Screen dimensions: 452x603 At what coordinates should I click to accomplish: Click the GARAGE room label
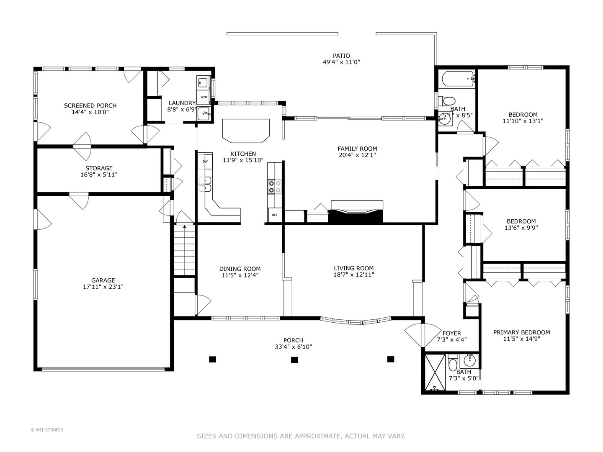point(103,280)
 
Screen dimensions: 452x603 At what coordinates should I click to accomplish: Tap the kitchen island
point(246,130)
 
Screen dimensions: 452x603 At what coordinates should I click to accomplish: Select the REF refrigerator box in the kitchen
point(275,215)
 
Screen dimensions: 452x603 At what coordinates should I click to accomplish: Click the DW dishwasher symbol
point(205,162)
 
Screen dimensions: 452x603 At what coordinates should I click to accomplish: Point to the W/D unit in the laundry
point(204,97)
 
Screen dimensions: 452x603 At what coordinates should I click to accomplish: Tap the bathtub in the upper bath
point(456,79)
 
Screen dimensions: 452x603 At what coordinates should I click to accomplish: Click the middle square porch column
point(294,360)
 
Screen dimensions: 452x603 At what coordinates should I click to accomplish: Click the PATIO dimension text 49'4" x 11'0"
point(341,62)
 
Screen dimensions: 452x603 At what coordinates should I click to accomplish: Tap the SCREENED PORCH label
point(90,105)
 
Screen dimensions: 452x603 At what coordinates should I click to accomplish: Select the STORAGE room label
point(99,168)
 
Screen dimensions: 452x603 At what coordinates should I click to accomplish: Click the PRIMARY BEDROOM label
point(521,332)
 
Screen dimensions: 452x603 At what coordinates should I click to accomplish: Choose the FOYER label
point(451,334)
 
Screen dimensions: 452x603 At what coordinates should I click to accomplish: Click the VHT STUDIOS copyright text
point(47,430)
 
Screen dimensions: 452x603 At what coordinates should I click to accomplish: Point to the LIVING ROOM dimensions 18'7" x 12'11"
point(354,275)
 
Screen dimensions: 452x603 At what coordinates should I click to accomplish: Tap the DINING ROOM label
point(240,269)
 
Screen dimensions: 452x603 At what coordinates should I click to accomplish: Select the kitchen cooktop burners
point(275,186)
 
